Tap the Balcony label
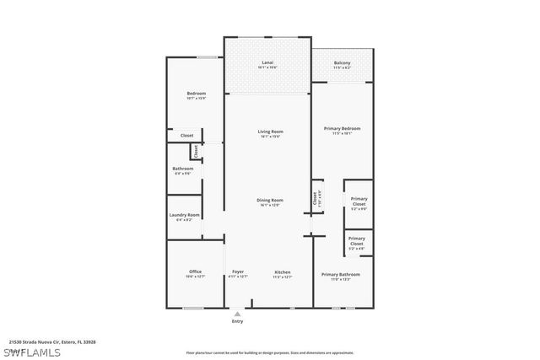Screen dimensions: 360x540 click(342, 62)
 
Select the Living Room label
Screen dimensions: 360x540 click(270, 132)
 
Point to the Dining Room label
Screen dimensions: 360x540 click(270, 200)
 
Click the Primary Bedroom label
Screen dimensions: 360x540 click(342, 128)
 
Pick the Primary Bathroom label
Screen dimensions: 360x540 click(341, 275)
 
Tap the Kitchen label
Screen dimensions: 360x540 click(283, 271)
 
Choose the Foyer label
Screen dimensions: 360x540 click(238, 271)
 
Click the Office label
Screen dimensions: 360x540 click(195, 271)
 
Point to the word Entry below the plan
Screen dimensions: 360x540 click(237, 321)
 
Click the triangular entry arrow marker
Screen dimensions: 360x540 click(237, 313)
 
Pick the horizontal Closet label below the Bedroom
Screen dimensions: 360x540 click(186, 135)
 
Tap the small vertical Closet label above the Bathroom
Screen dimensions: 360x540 click(196, 152)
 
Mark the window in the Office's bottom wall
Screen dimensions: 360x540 click(194, 307)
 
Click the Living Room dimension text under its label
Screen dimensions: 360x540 click(270, 137)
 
